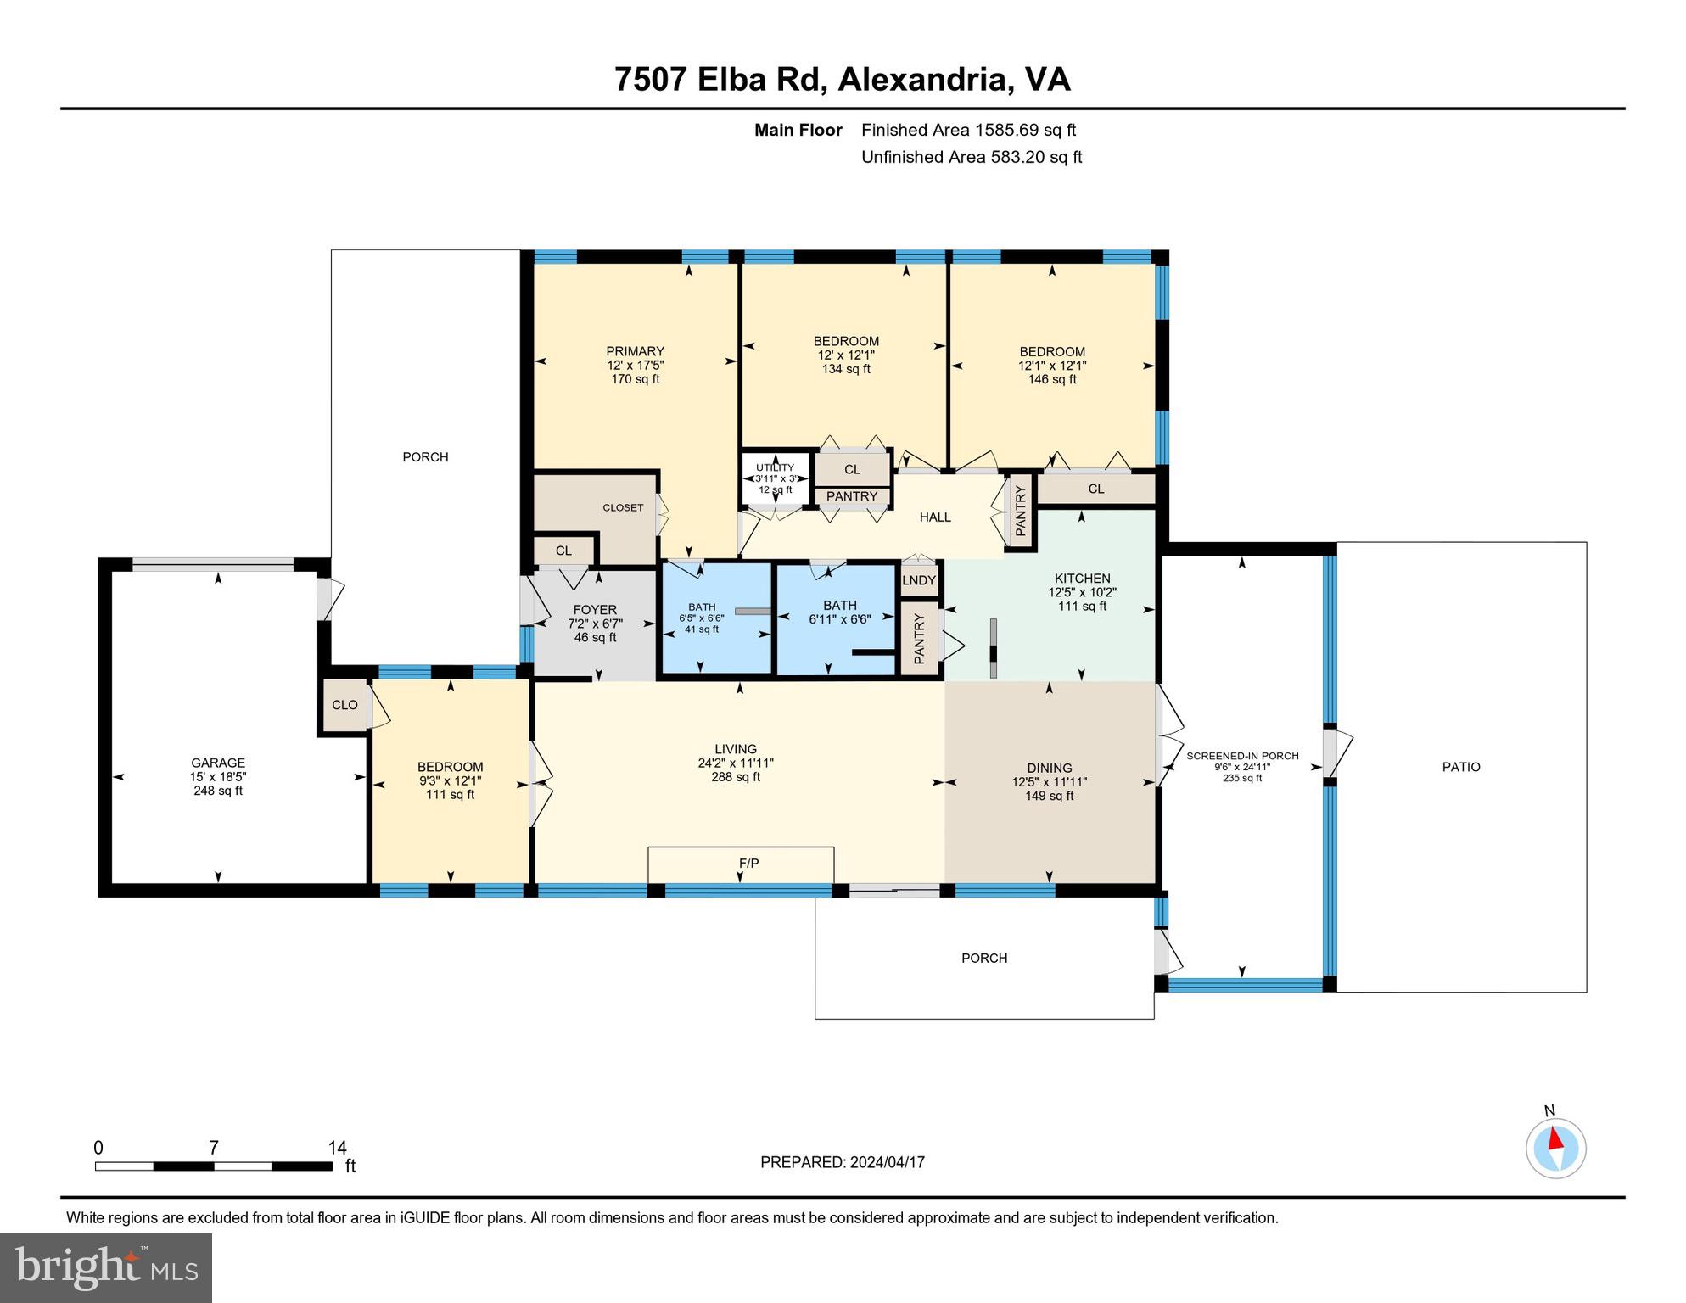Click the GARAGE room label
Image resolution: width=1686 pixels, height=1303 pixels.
(x=218, y=763)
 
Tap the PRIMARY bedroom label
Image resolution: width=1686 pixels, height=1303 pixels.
(x=635, y=351)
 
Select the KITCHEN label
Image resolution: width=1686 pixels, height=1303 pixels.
(x=1082, y=579)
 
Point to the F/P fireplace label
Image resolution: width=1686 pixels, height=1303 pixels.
(x=748, y=864)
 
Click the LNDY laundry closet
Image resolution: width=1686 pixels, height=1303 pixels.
(x=919, y=580)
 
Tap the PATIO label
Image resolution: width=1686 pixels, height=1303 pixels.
(x=1461, y=767)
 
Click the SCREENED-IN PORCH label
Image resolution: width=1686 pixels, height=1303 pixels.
(x=1242, y=756)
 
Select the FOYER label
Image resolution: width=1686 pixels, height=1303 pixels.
(x=595, y=610)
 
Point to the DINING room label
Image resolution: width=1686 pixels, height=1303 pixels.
(x=1050, y=769)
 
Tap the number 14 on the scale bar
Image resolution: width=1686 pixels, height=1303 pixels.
(x=338, y=1148)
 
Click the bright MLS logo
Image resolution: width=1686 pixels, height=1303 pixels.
(x=106, y=1267)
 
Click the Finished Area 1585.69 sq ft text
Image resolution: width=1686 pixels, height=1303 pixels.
(x=968, y=130)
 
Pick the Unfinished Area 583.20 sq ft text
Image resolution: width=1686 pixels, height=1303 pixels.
(x=972, y=157)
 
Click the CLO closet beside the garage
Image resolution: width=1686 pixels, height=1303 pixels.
(x=344, y=705)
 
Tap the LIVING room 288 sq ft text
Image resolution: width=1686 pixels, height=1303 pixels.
(x=736, y=777)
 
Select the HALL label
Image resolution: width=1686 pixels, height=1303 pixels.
(x=935, y=517)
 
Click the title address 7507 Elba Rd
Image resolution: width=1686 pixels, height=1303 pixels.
(x=719, y=80)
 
